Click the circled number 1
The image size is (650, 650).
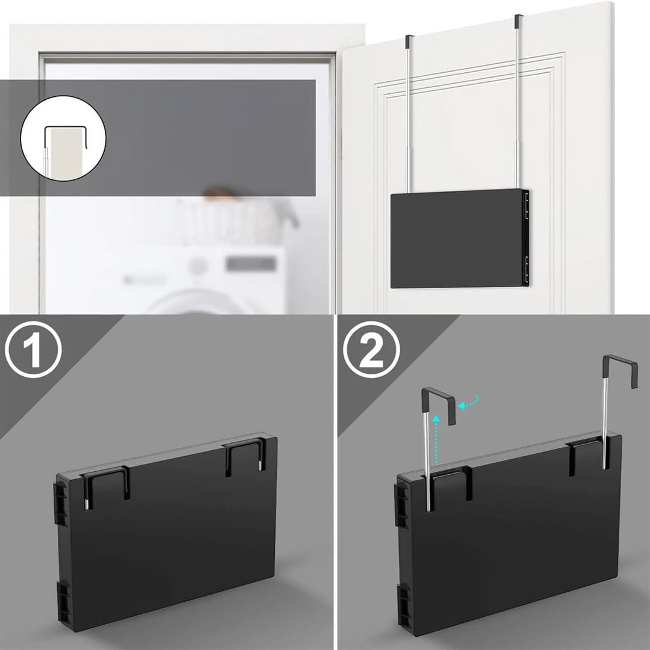(x=33, y=350)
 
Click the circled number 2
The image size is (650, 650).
(x=372, y=350)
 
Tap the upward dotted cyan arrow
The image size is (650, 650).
(x=435, y=439)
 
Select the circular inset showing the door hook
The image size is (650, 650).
(x=63, y=138)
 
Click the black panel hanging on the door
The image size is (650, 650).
(x=460, y=238)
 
